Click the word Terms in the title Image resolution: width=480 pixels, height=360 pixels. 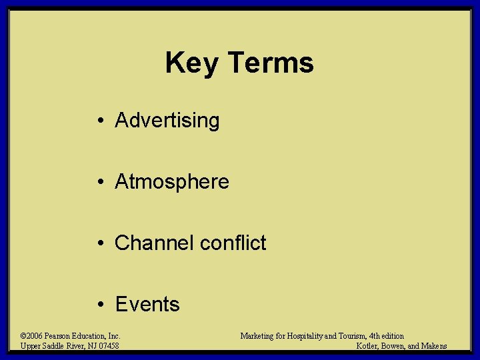click(270, 63)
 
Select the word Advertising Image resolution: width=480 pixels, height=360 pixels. click(167, 121)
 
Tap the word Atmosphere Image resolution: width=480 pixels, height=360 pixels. click(172, 182)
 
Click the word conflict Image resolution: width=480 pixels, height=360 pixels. click(233, 243)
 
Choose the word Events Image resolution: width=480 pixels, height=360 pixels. click(147, 305)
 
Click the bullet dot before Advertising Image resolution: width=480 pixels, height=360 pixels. click(98, 121)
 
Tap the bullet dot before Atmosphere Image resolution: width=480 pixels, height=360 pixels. click(98, 182)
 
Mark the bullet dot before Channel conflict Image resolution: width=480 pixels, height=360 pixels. click(98, 243)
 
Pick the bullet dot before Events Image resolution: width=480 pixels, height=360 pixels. click(98, 305)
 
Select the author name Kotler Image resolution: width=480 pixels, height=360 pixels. click(369, 346)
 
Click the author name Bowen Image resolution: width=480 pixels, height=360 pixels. click(398, 346)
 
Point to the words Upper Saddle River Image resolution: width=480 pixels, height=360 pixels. click(50, 346)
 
